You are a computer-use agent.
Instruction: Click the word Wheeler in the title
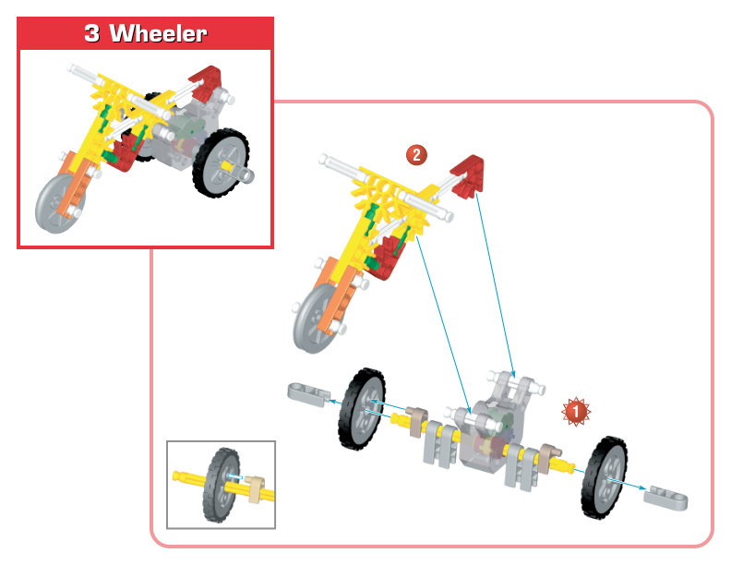pyautogui.click(x=158, y=33)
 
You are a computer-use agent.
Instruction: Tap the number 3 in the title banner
pyautogui.click(x=91, y=33)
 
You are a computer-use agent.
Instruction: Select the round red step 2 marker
pyautogui.click(x=417, y=154)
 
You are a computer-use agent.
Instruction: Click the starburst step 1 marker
pyautogui.click(x=576, y=412)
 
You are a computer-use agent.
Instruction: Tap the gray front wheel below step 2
pyautogui.click(x=315, y=319)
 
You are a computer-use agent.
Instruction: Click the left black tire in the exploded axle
pyautogui.click(x=363, y=408)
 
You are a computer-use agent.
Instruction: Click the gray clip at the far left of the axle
pyautogui.click(x=306, y=392)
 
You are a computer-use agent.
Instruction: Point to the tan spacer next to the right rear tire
pyautogui.click(x=550, y=453)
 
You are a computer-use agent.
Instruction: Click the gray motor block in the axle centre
pyautogui.click(x=488, y=434)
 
